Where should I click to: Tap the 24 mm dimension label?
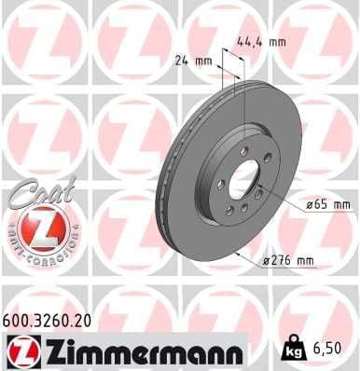click(x=195, y=62)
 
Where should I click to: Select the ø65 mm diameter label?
click(x=326, y=204)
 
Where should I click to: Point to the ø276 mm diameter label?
click(x=289, y=262)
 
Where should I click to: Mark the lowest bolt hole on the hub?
click(x=242, y=210)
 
